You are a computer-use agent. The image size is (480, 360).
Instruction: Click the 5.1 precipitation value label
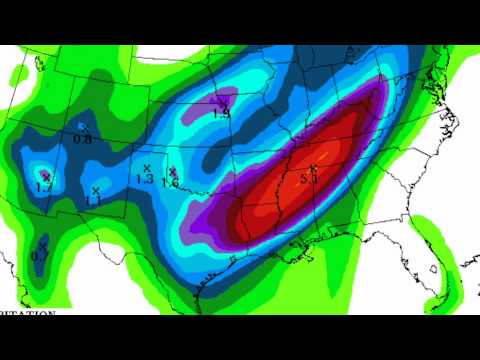click(308, 180)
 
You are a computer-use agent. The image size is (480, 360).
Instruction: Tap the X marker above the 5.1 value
click(313, 168)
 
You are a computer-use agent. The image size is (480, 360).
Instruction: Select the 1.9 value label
click(222, 114)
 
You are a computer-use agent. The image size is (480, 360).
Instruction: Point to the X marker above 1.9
click(224, 102)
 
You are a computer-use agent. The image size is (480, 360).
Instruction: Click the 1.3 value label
click(144, 180)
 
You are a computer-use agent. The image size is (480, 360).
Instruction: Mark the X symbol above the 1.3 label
click(146, 167)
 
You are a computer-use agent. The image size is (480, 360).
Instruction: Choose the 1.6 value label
click(170, 183)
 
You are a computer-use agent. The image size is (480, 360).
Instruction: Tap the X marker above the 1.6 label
click(173, 171)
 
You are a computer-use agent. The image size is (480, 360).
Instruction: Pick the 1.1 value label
click(94, 201)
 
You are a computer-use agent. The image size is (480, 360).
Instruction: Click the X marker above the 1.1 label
click(96, 189)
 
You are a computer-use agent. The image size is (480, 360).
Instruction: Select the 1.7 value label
click(43, 187)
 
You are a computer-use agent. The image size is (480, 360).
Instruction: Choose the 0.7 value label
click(39, 256)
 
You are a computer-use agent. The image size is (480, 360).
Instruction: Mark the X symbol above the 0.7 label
click(43, 243)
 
